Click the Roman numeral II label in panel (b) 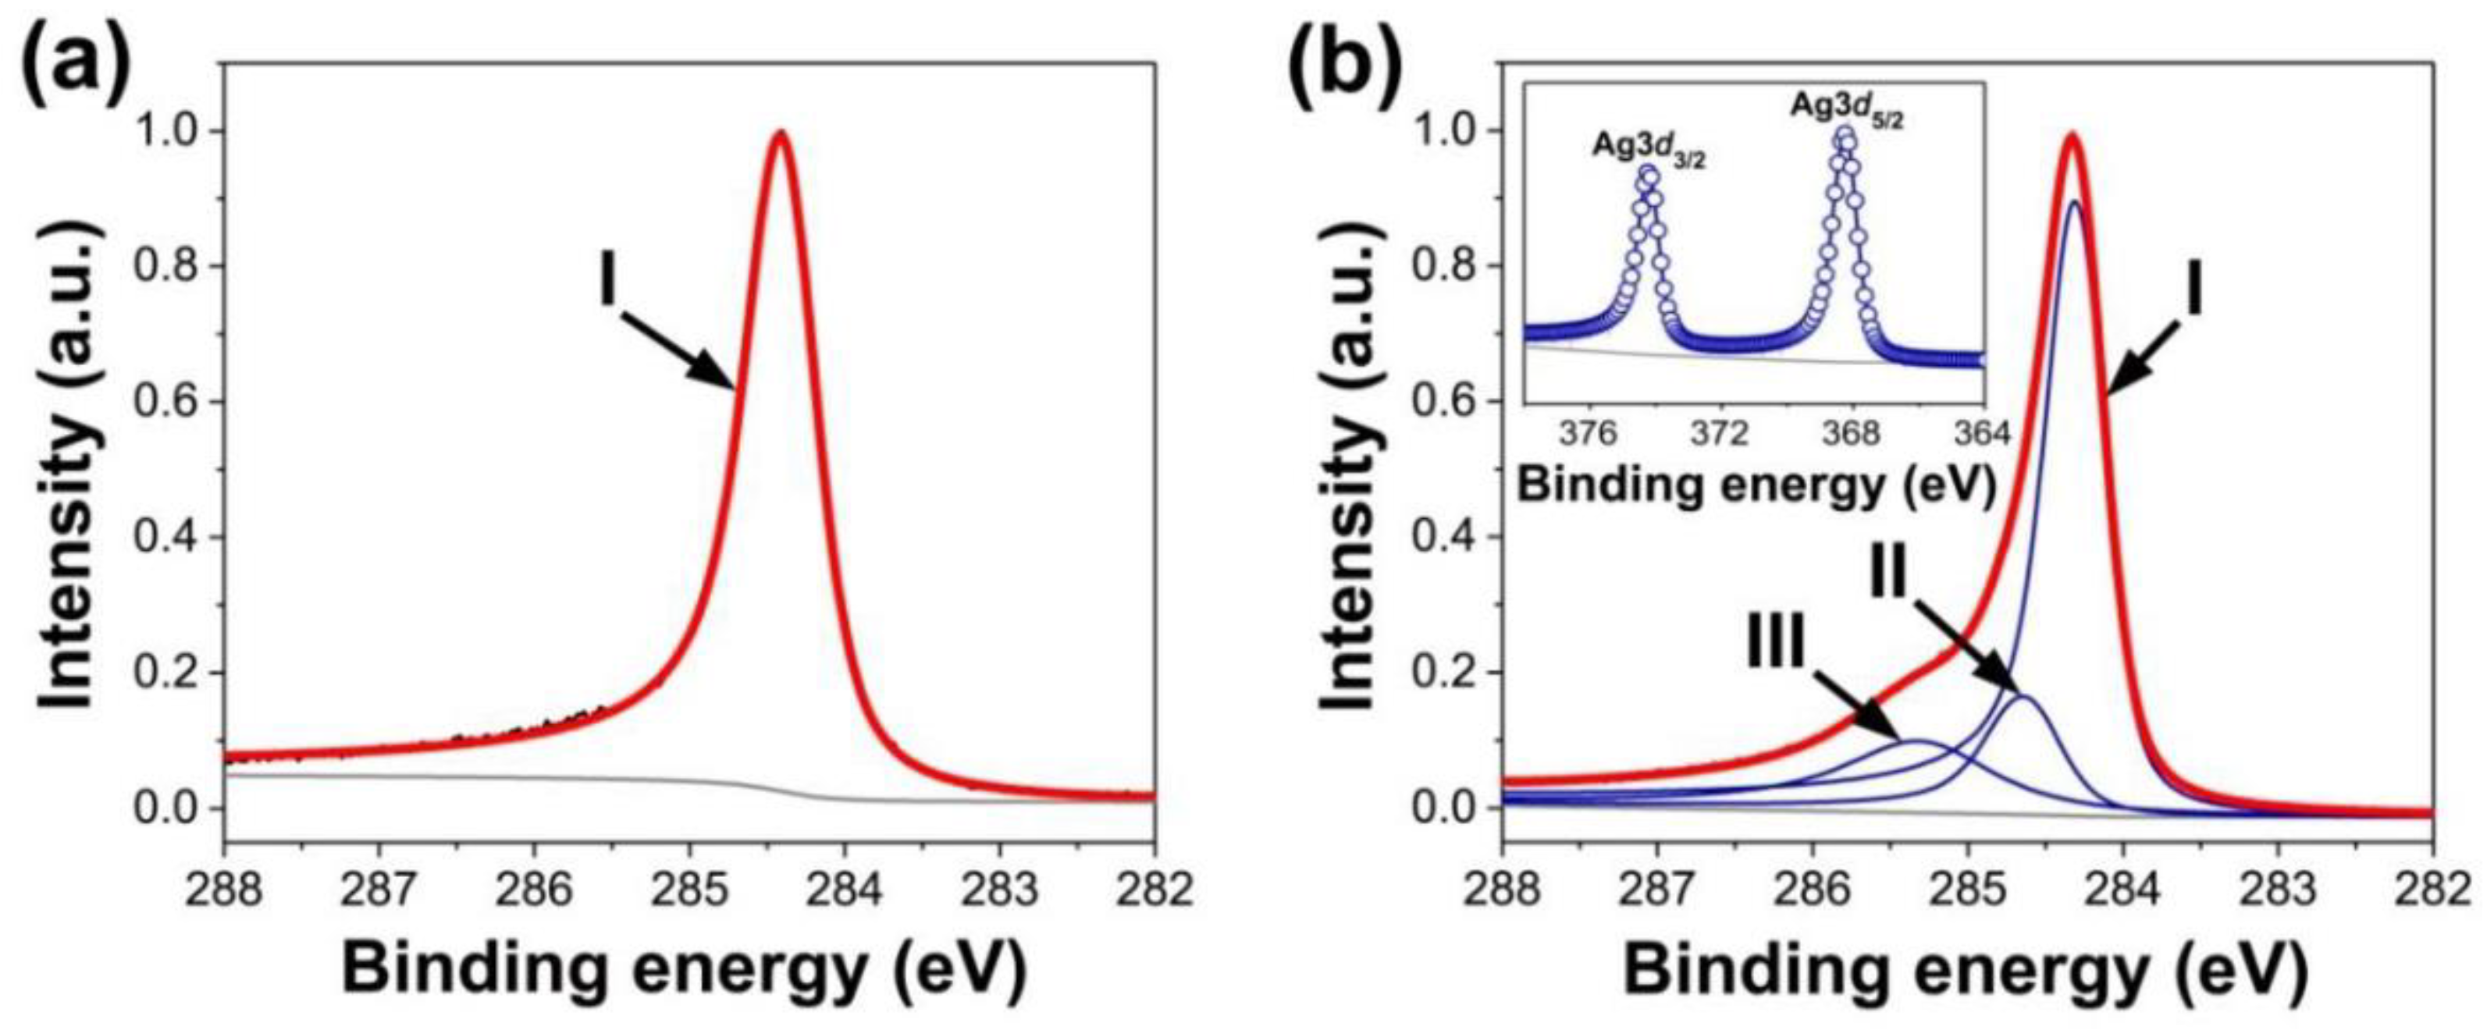point(1888,577)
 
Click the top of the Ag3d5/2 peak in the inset point(1845,135)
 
